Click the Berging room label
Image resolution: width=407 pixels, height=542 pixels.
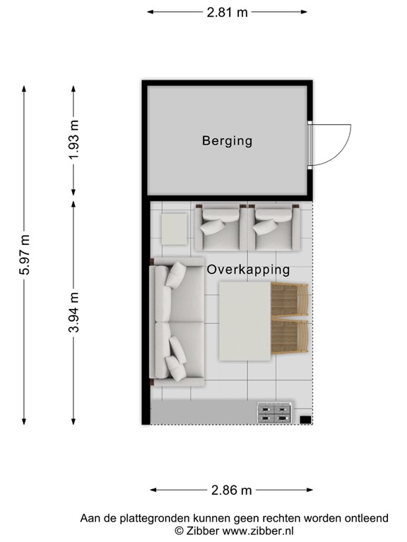tap(227, 141)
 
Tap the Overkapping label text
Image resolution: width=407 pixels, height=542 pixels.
tap(248, 270)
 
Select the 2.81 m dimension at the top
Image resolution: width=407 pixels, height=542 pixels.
tap(227, 13)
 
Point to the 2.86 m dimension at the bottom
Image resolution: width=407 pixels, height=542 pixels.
tap(232, 490)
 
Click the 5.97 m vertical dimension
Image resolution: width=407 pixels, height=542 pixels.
tap(25, 255)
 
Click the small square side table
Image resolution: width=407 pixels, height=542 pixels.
tap(174, 228)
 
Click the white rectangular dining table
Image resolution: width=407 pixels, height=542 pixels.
tap(245, 320)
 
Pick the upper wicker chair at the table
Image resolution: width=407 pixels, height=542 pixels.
tap(290, 300)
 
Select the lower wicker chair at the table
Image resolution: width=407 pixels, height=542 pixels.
tap(290, 339)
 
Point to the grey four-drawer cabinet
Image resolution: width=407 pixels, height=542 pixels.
tap(273, 413)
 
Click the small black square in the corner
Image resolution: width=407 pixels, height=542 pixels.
tap(305, 420)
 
